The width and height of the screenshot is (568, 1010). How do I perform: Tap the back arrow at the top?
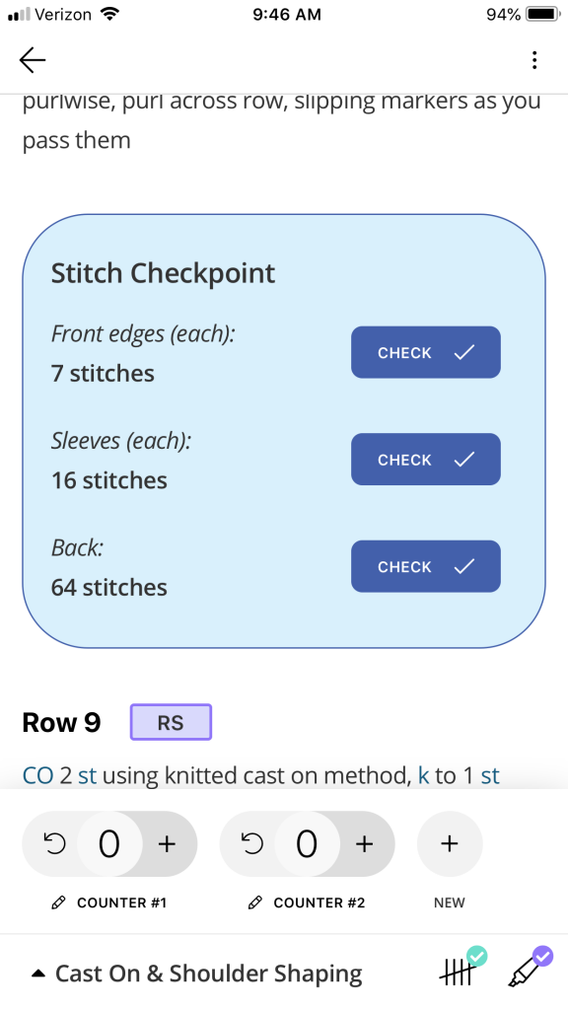tap(33, 60)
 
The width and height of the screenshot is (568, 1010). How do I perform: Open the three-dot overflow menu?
tap(533, 60)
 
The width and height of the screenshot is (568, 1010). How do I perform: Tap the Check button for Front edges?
tap(426, 352)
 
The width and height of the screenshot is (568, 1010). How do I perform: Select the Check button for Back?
tap(426, 566)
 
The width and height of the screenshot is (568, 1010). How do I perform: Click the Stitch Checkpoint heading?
tap(163, 273)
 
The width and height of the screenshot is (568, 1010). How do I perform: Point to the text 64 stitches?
tap(108, 587)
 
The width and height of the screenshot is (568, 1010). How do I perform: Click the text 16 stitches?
tap(108, 480)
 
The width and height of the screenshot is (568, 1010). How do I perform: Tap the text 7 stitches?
tap(103, 373)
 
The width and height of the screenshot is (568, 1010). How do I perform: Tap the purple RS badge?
tap(171, 722)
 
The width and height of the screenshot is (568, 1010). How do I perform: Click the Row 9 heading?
tap(61, 723)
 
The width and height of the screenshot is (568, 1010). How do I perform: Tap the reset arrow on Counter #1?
tap(55, 844)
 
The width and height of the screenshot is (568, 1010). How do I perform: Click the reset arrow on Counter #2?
tap(252, 844)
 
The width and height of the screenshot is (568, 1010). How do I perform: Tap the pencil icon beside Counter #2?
tap(255, 903)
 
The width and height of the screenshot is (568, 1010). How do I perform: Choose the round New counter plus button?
tap(450, 844)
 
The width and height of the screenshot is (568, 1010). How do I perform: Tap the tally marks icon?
tap(462, 970)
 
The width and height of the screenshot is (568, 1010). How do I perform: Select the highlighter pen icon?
tap(530, 969)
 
